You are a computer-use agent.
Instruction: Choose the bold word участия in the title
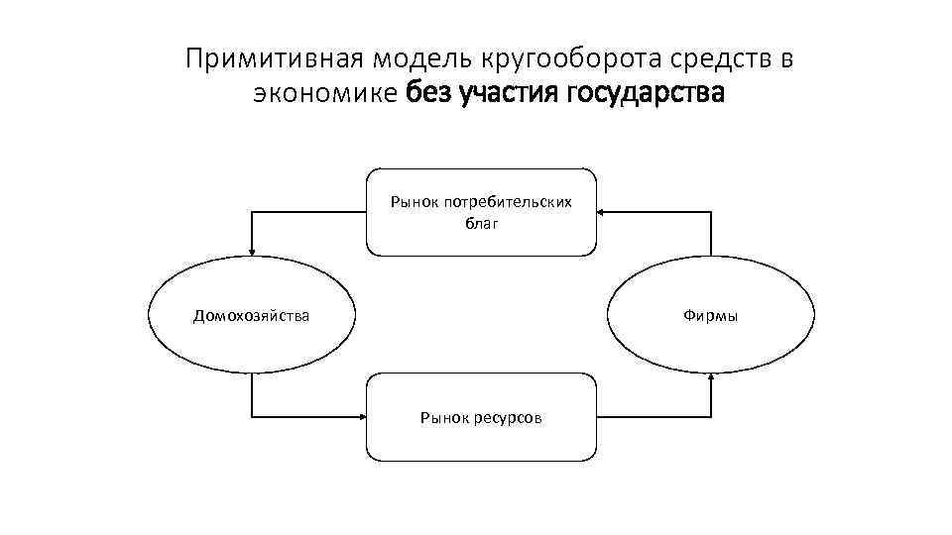pos(509,95)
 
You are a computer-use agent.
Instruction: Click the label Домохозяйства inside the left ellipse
pos(251,316)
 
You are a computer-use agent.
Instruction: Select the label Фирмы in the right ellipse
pos(711,316)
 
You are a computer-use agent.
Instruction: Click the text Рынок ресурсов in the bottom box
pos(481,418)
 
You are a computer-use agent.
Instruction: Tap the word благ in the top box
pos(482,223)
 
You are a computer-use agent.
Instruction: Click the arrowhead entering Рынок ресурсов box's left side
pos(362,414)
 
